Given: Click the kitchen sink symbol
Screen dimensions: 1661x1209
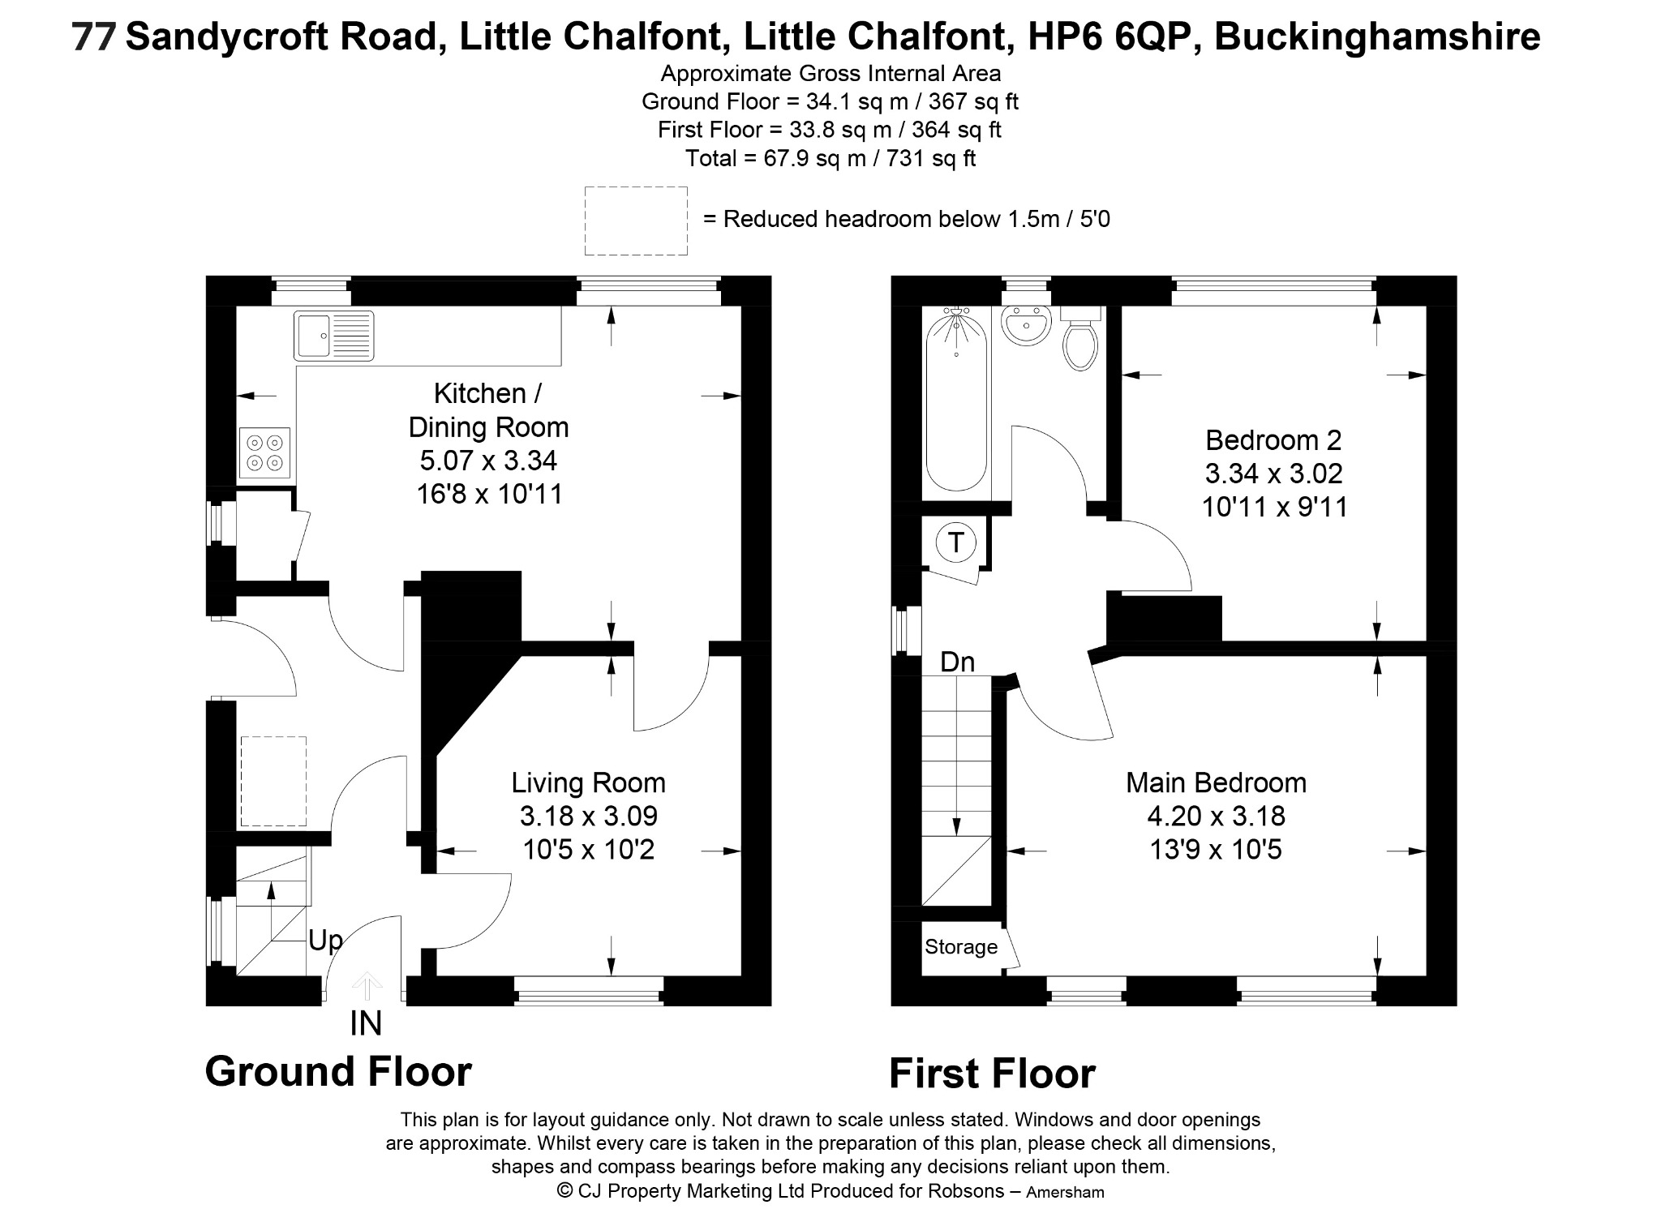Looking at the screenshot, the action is pyautogui.click(x=333, y=335).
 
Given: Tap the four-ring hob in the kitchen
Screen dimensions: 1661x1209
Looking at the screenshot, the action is pyautogui.click(x=265, y=452).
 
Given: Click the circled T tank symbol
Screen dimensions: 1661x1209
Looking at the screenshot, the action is pyautogui.click(x=956, y=542).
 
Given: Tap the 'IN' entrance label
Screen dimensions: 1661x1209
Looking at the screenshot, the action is pyautogui.click(x=366, y=1023).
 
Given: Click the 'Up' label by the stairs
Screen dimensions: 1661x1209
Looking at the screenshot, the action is pyautogui.click(x=325, y=941).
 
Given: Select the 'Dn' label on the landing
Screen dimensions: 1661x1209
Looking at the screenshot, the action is pyautogui.click(x=957, y=662).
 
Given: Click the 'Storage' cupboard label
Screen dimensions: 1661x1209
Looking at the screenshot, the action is pyautogui.click(x=961, y=947).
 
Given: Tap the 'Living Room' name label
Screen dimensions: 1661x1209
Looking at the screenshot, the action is pyautogui.click(x=588, y=782).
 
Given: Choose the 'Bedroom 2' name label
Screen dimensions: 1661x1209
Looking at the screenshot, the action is pyautogui.click(x=1273, y=440).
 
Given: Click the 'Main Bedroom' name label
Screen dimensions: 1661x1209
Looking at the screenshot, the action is pyautogui.click(x=1217, y=782).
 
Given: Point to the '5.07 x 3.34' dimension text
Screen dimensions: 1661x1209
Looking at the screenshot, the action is pyautogui.click(x=488, y=461).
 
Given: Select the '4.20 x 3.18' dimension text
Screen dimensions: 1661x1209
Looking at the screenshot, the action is pyautogui.click(x=1217, y=816).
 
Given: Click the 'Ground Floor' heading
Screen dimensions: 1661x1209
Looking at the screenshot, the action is pyautogui.click(x=338, y=1071).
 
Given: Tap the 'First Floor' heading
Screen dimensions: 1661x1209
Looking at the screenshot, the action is pyautogui.click(x=992, y=1074).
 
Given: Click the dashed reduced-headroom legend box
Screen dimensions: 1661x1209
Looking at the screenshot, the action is pyautogui.click(x=637, y=221).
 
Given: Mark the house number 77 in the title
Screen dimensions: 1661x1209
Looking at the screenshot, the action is pyautogui.click(x=94, y=37).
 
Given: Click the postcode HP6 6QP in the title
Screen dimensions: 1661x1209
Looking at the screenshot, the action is pyautogui.click(x=1114, y=37).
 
